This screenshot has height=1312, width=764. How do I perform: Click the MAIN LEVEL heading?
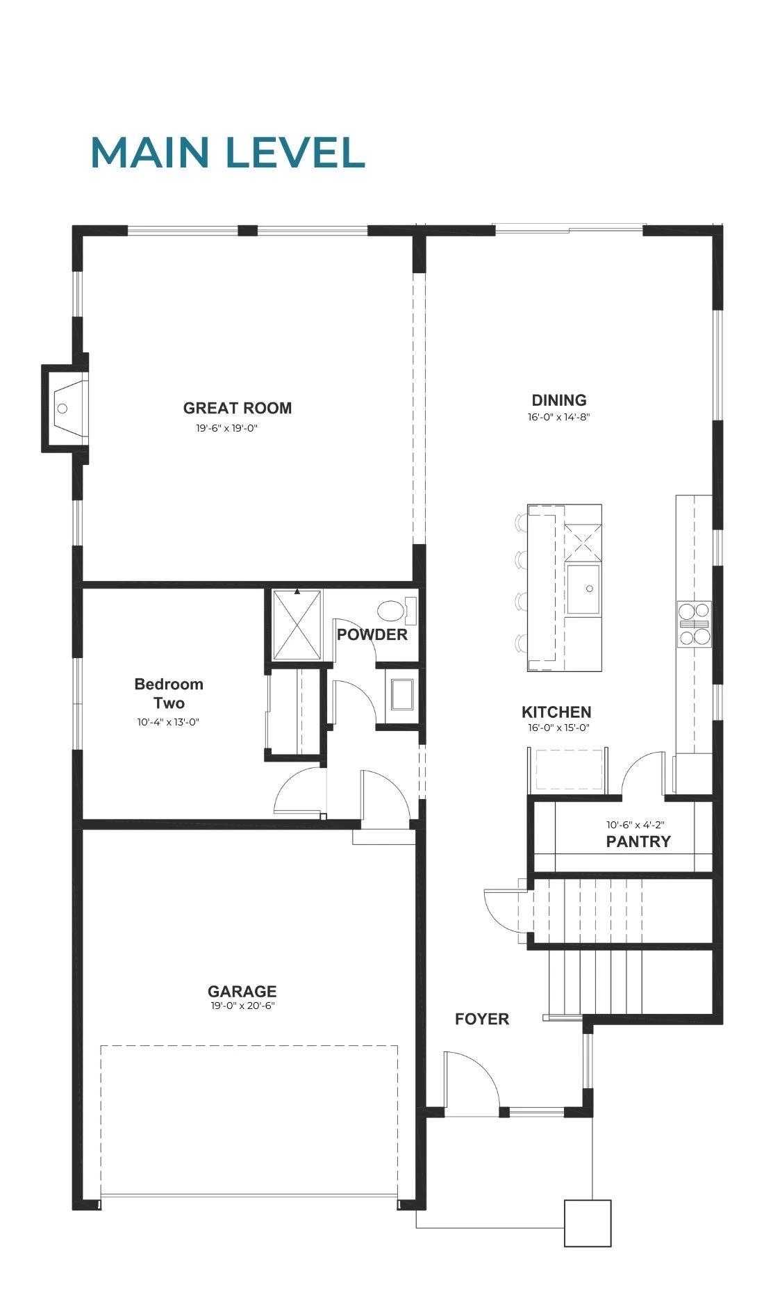click(228, 153)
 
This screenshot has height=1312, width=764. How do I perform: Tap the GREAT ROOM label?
click(238, 408)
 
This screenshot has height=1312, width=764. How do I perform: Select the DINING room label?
click(559, 400)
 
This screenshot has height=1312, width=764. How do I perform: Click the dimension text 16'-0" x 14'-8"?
click(558, 418)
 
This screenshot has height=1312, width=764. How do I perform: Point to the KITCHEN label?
click(556, 712)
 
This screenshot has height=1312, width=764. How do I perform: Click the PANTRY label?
click(638, 842)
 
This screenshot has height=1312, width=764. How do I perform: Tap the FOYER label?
click(482, 1019)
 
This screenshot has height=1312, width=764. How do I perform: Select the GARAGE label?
click(242, 991)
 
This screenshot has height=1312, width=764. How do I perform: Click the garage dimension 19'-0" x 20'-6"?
click(243, 1006)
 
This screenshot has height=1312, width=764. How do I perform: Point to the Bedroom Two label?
click(169, 693)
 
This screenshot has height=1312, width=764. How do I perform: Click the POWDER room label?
click(372, 634)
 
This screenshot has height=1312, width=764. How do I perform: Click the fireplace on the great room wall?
click(66, 408)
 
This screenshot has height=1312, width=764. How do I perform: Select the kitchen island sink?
click(583, 589)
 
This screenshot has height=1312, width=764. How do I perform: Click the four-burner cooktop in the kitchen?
click(695, 624)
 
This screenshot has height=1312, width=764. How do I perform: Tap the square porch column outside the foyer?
click(588, 1223)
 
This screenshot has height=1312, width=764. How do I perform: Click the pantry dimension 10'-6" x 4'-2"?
click(636, 825)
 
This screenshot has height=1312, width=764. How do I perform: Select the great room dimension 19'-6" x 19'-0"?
click(226, 429)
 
